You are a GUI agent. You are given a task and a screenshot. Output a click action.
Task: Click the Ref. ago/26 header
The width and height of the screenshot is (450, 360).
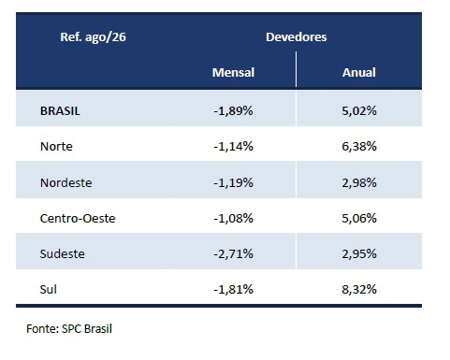point(93,37)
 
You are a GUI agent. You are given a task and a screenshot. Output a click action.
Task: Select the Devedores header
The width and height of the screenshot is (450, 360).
point(297,36)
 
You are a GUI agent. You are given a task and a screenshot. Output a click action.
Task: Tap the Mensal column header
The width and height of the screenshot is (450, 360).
point(233,72)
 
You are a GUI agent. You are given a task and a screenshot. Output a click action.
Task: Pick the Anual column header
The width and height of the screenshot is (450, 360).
point(359,72)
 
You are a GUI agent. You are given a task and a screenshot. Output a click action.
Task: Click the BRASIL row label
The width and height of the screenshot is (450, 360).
point(60,111)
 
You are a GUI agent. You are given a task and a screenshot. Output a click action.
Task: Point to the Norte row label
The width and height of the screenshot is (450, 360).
point(56,146)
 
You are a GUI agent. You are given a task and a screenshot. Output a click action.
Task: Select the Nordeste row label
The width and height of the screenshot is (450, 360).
point(65,182)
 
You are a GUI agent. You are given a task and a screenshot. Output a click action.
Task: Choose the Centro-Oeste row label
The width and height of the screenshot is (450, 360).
point(78,218)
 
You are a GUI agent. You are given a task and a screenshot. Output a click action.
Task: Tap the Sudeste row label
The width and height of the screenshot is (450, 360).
point(62,253)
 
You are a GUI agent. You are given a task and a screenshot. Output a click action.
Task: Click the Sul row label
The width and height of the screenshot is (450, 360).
point(49,289)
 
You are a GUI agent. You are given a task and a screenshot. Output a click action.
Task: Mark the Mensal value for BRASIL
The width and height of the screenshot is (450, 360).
point(233,111)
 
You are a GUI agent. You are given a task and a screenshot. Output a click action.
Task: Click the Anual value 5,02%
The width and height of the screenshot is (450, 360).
point(359,111)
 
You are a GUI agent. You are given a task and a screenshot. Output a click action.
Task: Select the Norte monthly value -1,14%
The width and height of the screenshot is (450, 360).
point(233,146)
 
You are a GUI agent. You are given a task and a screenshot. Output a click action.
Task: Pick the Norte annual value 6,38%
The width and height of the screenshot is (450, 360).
point(359,146)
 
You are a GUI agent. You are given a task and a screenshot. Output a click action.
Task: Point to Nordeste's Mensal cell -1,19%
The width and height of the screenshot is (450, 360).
point(233,182)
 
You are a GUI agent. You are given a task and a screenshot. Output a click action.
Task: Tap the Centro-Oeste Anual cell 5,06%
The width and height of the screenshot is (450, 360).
point(359,218)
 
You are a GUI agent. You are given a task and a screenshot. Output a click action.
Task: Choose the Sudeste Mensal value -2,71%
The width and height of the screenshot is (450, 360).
point(233,253)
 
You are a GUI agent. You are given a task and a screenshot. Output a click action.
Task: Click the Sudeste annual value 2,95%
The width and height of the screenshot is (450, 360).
point(359,253)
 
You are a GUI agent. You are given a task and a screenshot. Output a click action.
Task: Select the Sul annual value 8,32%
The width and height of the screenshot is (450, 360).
point(359,289)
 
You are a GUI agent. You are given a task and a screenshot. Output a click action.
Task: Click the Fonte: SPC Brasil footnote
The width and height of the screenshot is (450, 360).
point(69,329)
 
